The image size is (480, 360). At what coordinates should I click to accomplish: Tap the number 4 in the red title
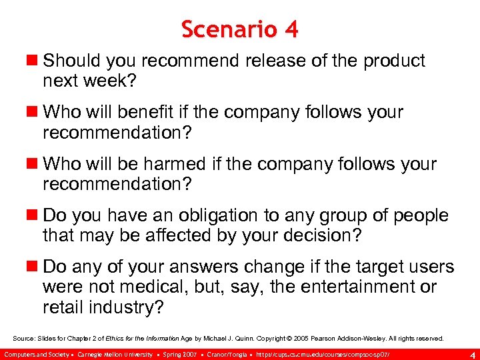[x=290, y=29]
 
